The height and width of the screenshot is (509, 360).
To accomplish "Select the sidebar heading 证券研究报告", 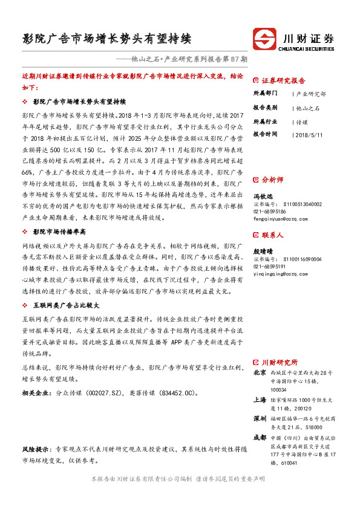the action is pyautogui.click(x=283, y=80).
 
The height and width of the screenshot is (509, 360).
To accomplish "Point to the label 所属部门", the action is pyautogui.click(x=264, y=94).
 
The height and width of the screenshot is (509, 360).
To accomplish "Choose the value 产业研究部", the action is pyautogui.click(x=310, y=94).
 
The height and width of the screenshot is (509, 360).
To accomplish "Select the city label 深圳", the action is pyautogui.click(x=260, y=418).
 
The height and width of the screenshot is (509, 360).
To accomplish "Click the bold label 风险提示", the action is pyautogui.click(x=36, y=450).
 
